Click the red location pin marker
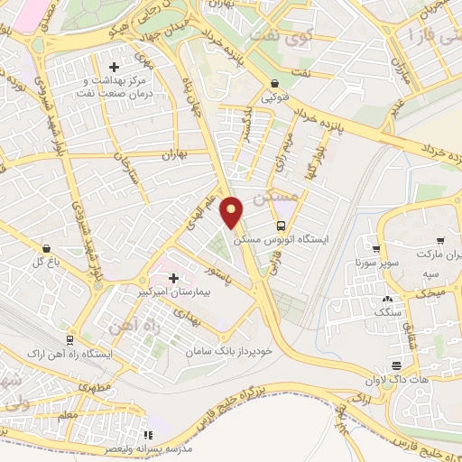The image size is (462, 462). click(x=233, y=212)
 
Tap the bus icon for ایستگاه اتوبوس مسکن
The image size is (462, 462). click(x=281, y=226)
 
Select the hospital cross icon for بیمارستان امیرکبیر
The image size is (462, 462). click(x=174, y=279)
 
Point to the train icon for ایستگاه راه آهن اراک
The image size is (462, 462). click(x=69, y=338)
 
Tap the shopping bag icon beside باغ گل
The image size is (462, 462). click(x=45, y=247)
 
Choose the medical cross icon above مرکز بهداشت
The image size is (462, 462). click(x=114, y=67)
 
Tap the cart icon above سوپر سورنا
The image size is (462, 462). click(x=377, y=249)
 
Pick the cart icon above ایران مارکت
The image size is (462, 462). click(x=439, y=242)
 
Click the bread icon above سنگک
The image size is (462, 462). click(x=388, y=299)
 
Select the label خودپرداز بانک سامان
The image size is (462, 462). click(x=229, y=348)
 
